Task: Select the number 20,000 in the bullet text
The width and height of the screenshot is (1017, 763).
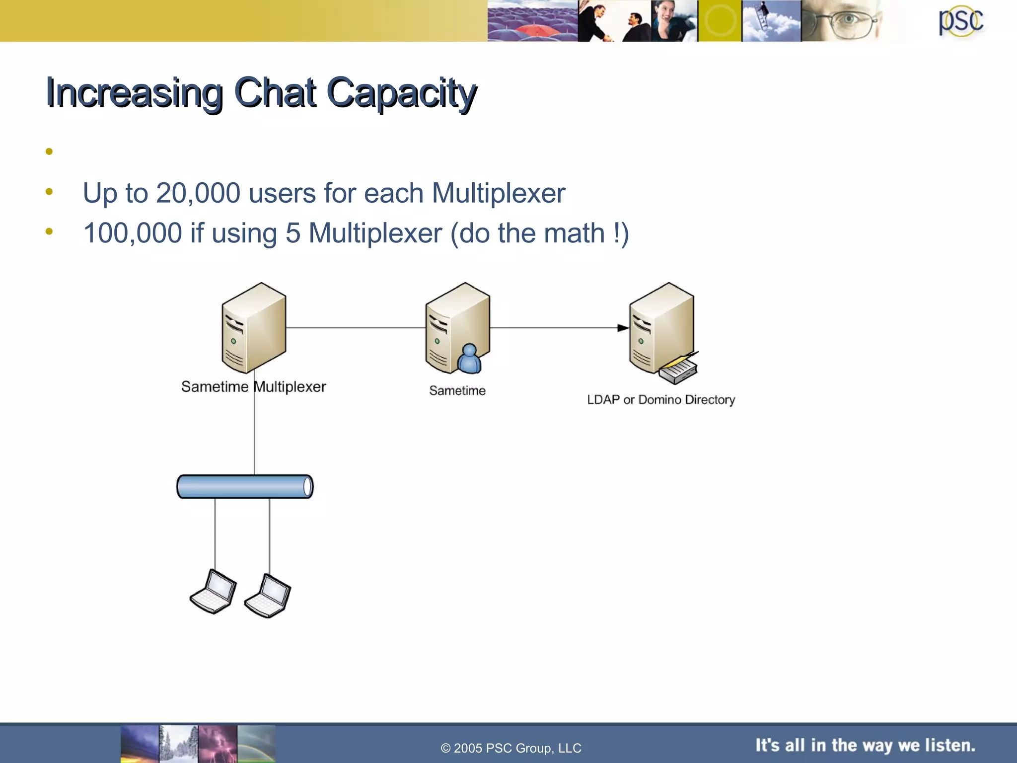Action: click(198, 193)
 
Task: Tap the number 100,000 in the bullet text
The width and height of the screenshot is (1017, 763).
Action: click(133, 233)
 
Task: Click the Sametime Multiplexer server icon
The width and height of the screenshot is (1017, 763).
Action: click(254, 327)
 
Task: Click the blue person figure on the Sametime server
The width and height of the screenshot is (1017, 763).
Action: click(469, 359)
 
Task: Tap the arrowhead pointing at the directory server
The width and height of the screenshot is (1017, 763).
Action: click(623, 328)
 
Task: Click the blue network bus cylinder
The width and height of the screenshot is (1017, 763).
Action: click(245, 487)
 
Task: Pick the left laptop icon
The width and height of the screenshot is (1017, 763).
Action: click(214, 592)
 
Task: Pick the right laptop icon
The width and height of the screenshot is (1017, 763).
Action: click(268, 596)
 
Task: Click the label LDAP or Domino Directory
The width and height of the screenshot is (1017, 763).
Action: click(660, 400)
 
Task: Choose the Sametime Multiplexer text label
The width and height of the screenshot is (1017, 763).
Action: click(253, 387)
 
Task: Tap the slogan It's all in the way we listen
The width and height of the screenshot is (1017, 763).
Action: click(865, 746)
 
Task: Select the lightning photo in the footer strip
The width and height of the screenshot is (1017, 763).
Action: click(218, 744)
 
